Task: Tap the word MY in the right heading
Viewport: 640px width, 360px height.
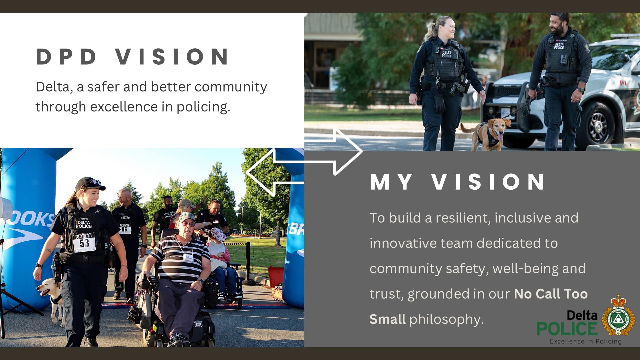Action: pos(391,182)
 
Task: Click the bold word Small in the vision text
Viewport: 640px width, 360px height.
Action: pos(387,319)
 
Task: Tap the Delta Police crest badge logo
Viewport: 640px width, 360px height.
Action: pos(618,315)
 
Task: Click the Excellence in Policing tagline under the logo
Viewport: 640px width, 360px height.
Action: pos(586,341)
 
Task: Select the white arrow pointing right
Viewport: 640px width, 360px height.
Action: pos(334,152)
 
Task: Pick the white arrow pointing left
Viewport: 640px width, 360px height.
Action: pos(275,171)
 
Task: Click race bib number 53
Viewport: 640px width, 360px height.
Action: pos(84,243)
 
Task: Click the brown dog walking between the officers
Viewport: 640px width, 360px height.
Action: pos(486,133)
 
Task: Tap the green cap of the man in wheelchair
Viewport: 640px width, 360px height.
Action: pos(186,217)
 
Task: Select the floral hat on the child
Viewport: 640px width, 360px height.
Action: pos(218,234)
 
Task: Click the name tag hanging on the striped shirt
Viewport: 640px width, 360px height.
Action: pos(188,257)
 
